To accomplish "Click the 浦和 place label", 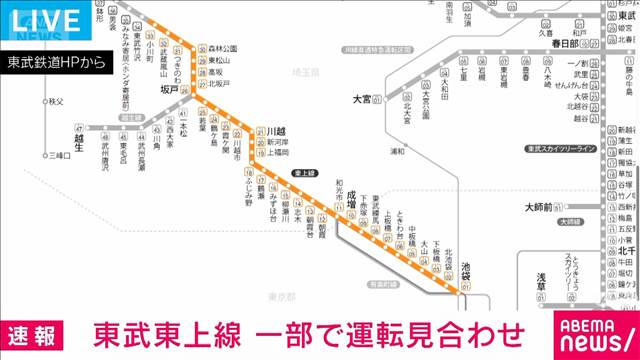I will (397, 151).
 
